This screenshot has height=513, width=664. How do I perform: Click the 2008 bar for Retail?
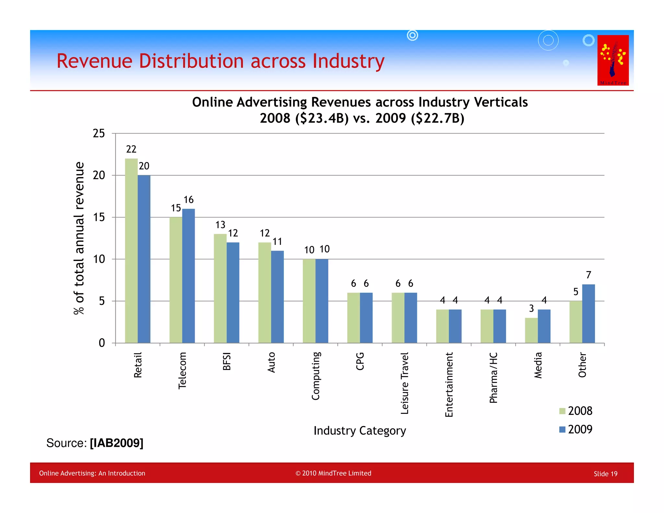coord(131,251)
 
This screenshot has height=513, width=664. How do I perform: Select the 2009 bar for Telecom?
coord(188,276)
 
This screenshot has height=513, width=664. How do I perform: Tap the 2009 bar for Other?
coord(588,314)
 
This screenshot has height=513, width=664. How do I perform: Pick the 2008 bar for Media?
coord(531,330)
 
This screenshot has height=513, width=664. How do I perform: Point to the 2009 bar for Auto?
coord(277,297)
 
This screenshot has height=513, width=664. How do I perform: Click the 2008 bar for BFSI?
coord(220,288)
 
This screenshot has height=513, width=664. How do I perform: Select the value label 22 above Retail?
coord(131,149)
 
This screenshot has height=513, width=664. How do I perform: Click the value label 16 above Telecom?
coord(188,200)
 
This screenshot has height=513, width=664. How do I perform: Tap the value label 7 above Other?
coord(589,275)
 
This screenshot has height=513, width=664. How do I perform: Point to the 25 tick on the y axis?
coord(99,134)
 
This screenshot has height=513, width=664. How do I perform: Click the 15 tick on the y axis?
coord(99,217)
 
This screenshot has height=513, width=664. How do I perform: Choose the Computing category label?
coord(316,376)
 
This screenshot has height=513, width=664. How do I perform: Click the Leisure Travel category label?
coord(405,383)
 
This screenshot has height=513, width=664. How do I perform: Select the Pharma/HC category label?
coord(493,378)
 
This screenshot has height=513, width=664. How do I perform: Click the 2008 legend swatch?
coord(563,411)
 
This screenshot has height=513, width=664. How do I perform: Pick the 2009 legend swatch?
coord(563,430)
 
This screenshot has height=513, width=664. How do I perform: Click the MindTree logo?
coord(613,60)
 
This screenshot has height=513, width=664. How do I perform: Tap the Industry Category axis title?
coord(360,431)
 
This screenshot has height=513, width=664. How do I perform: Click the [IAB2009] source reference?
coord(116,443)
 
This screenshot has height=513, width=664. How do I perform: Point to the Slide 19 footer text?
coord(605,474)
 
